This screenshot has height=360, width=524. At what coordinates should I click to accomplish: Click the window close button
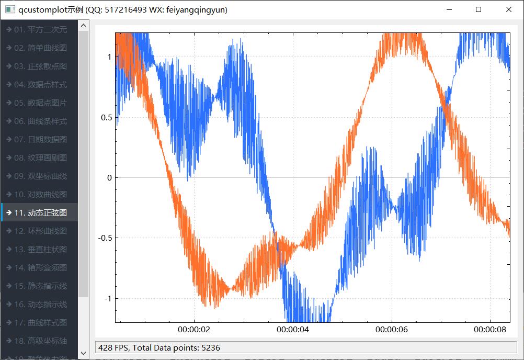[509, 9]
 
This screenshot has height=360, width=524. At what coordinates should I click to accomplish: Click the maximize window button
[479, 9]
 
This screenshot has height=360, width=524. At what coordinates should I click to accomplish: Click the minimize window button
[448, 9]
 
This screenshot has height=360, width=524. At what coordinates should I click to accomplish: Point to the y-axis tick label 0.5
[106, 117]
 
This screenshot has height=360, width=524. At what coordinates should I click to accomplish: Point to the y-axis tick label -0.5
[105, 238]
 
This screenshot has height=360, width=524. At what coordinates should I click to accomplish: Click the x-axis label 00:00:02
[194, 330]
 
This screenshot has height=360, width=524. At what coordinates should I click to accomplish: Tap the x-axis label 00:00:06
[392, 330]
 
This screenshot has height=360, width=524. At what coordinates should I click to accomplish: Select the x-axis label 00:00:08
[490, 330]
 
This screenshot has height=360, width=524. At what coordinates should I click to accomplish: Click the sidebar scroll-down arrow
[84, 354]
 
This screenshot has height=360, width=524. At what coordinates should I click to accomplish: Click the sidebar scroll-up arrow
[84, 25]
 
